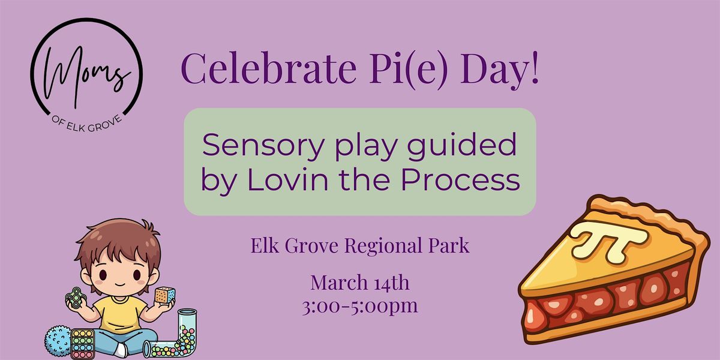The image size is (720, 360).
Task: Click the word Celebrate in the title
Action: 269,68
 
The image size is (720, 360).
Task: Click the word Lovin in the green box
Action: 287,180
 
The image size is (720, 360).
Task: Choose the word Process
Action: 460,180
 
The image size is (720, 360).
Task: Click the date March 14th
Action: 360,283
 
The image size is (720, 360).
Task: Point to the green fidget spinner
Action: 75,298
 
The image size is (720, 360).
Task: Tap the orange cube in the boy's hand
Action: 165,295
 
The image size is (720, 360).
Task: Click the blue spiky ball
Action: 58,341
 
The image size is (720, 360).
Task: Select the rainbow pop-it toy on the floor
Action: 83,344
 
